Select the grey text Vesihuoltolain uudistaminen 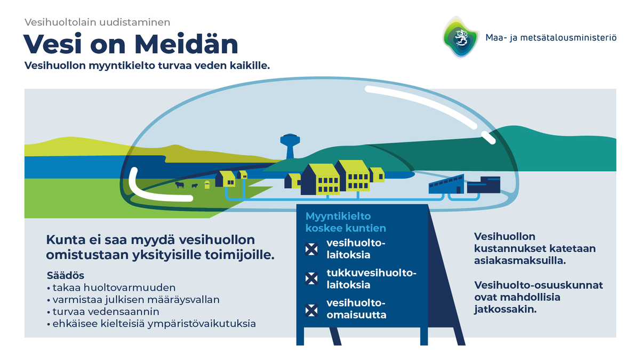pyautogui.click(x=98, y=22)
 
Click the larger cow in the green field pyautogui.click(x=180, y=185)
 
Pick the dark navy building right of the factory pyautogui.click(x=484, y=185)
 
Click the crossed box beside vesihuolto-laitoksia pyautogui.click(x=311, y=249)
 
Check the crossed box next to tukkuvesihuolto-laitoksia pyautogui.click(x=311, y=278)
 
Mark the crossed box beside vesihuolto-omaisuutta pyautogui.click(x=311, y=309)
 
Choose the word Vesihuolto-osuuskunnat pyautogui.click(x=538, y=285)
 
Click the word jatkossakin pyautogui.click(x=504, y=309)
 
